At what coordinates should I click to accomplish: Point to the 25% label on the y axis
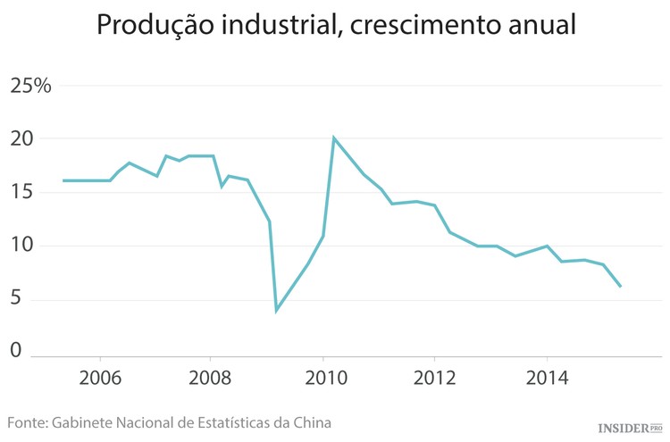click(30, 86)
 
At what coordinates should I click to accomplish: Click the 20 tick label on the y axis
click(21, 139)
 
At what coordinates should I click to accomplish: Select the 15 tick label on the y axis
click(21, 193)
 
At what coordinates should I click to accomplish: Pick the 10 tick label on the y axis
click(21, 246)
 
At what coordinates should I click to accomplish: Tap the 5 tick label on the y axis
click(15, 300)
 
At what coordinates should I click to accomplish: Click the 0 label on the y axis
click(15, 350)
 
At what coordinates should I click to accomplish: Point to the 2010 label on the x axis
click(322, 377)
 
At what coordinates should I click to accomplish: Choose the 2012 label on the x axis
click(435, 377)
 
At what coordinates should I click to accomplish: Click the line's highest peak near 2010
click(333, 138)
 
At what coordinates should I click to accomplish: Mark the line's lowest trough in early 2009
click(276, 311)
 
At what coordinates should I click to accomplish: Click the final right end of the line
click(621, 287)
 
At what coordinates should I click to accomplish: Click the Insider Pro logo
click(629, 428)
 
